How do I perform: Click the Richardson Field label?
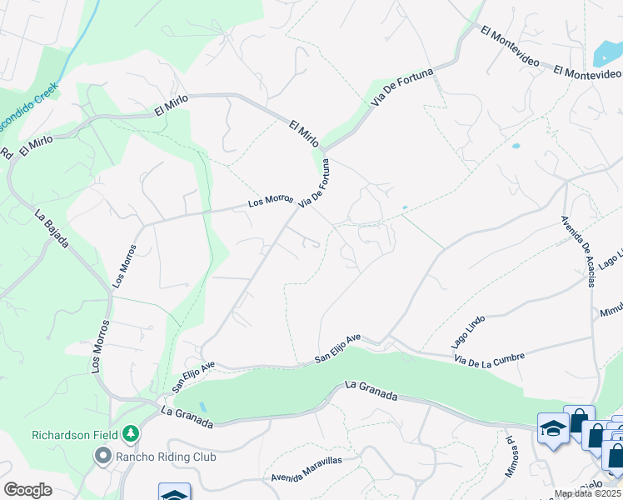(x=74, y=435)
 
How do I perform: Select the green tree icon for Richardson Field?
(x=130, y=433)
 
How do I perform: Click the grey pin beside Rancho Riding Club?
(x=102, y=456)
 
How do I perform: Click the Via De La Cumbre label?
(x=490, y=357)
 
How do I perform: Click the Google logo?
(x=27, y=489)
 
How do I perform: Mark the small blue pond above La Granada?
(x=202, y=407)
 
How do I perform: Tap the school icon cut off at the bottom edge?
(x=175, y=492)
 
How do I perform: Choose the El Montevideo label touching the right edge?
(x=587, y=74)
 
